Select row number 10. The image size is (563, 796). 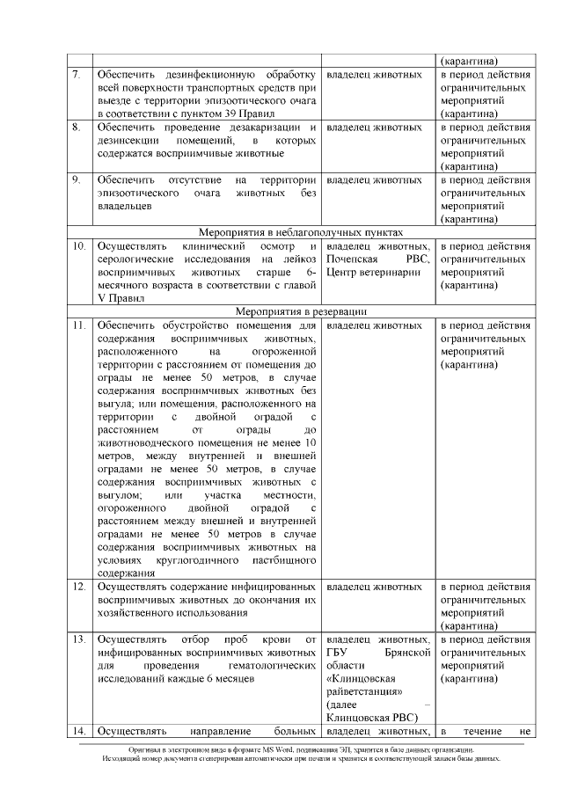tap(78, 247)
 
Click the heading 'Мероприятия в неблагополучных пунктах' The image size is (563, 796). tap(301, 232)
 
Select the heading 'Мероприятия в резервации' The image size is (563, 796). tap(301, 311)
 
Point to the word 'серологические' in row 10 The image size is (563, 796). tap(136, 259)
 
